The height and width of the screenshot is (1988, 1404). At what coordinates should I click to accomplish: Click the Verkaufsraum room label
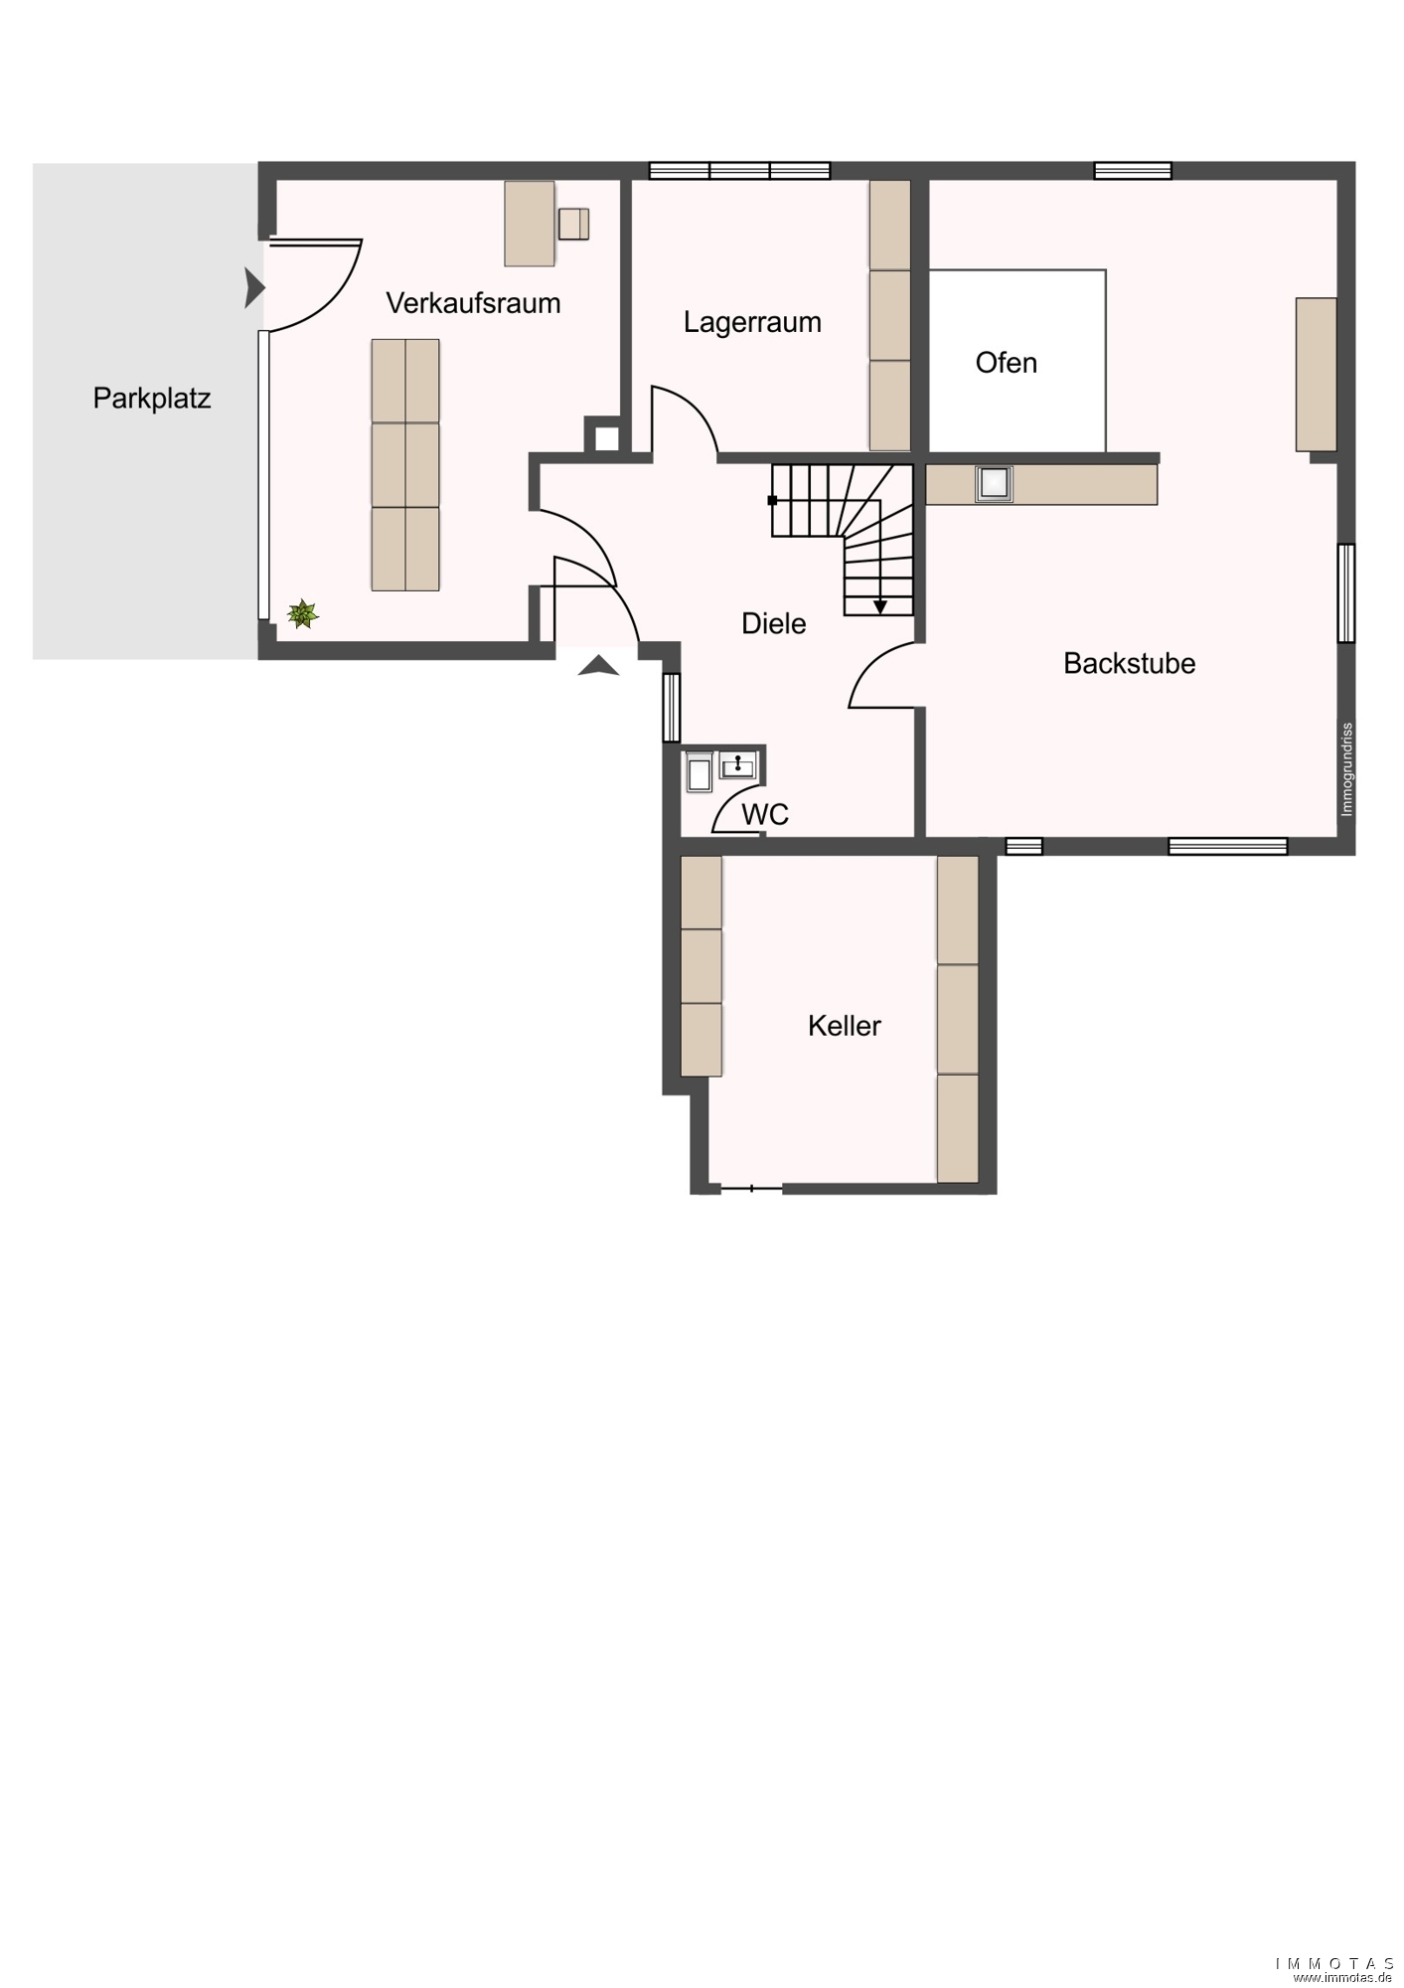point(473,303)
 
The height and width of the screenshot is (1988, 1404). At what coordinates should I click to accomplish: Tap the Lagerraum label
point(752,322)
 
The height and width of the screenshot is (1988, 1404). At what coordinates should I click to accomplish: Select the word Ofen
point(1007,363)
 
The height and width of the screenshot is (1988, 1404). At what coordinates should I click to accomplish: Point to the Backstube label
point(1130,663)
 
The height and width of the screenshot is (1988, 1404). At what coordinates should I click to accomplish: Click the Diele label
point(774,623)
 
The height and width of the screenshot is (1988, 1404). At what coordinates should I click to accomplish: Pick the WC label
point(765,814)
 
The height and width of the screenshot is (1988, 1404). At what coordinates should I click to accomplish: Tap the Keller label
point(845,1026)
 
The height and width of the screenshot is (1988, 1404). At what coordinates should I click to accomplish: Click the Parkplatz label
point(152,399)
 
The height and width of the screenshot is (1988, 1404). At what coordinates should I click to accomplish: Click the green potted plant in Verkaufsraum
point(303,614)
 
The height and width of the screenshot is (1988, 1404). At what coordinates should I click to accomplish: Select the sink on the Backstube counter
point(994,484)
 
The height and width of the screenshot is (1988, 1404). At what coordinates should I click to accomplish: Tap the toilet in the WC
point(699,771)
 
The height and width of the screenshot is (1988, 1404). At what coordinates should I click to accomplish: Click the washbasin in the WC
point(738,765)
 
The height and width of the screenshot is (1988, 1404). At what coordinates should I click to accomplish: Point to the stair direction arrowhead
point(879,606)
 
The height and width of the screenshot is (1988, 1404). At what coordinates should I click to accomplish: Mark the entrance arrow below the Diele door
point(598,666)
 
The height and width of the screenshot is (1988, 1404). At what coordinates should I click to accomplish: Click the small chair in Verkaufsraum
point(573,224)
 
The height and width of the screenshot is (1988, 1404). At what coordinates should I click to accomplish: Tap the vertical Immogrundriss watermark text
point(1347,769)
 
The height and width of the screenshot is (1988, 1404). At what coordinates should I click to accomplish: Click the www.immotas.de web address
point(1344,1977)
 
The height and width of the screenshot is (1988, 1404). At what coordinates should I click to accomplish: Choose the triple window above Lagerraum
point(739,171)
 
